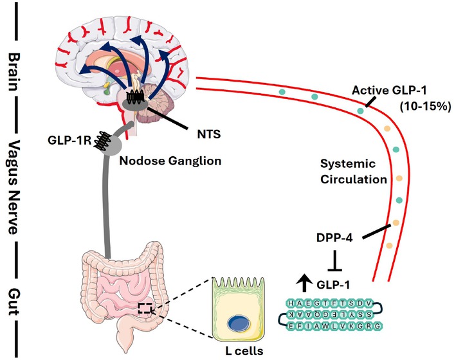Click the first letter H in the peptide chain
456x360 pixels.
[x=293, y=303]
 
